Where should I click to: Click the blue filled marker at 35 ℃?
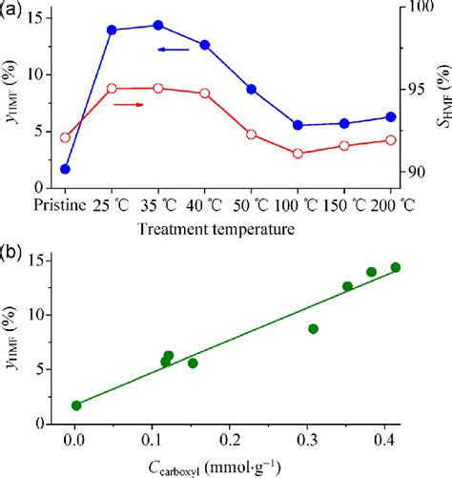158,26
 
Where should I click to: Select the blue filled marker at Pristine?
65,169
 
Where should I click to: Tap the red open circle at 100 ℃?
298,154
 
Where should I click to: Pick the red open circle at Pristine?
65,137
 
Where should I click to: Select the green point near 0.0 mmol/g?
76,405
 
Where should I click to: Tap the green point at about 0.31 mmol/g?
313,328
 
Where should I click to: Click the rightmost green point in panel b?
396,267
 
